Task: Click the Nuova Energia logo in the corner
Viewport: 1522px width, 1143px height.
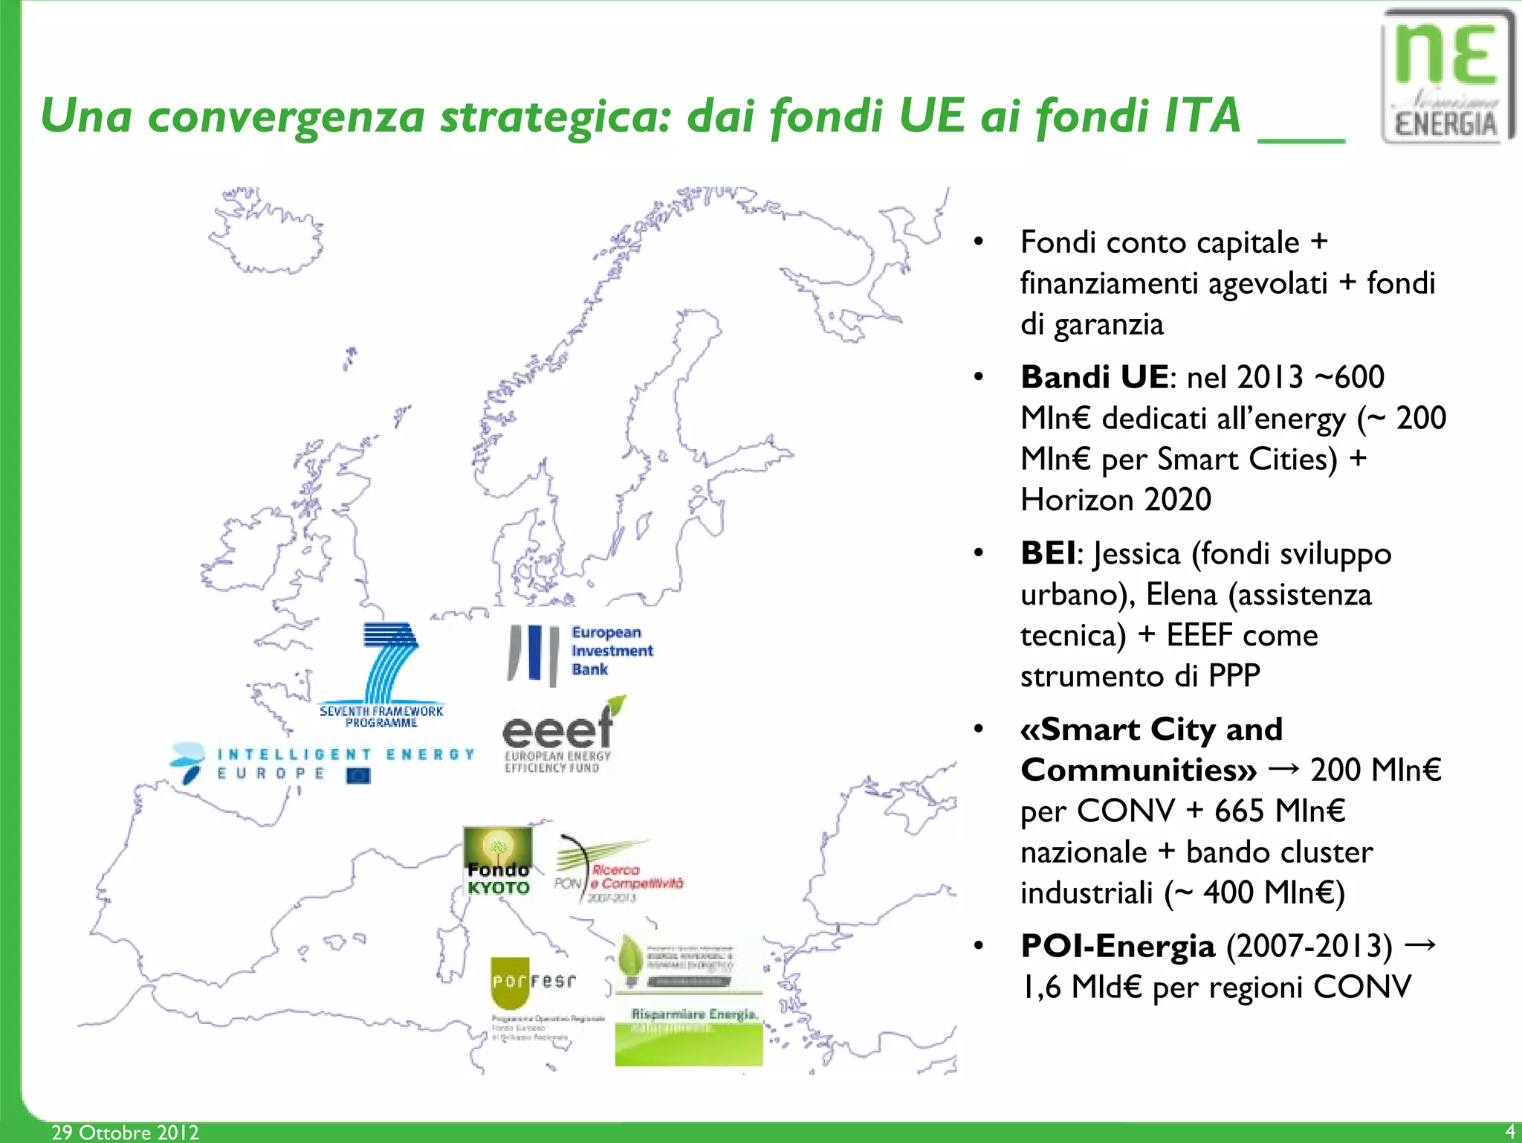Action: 1446,77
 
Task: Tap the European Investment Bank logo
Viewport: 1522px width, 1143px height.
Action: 580,652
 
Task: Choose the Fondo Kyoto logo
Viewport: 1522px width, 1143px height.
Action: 498,863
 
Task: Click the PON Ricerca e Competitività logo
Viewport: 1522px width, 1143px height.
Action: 618,872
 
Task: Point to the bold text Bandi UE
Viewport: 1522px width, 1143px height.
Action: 1094,377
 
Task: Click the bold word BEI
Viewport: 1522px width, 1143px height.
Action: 1048,553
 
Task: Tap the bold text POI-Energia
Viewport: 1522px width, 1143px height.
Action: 1118,946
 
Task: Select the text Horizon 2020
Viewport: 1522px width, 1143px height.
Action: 1115,500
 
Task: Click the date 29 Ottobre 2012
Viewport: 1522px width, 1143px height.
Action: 125,1132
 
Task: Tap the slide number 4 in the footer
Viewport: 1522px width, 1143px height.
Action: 1509,1131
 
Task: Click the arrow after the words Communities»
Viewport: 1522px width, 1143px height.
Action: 1283,769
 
